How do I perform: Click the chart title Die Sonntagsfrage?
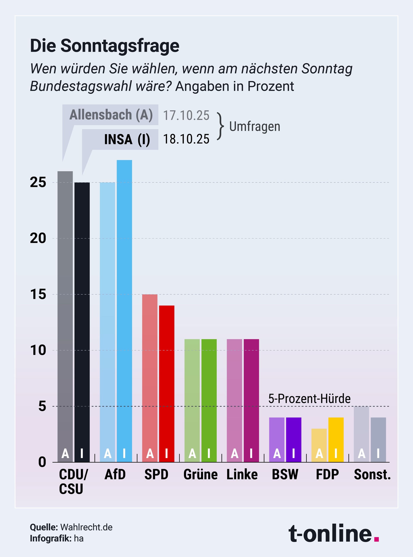105,46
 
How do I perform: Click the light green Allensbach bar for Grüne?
192,400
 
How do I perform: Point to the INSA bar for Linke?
251,400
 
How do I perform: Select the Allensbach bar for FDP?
319,445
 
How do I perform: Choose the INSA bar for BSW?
293,439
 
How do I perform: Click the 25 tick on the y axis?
38,182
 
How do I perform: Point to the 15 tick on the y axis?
38,294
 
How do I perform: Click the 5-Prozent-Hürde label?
309,399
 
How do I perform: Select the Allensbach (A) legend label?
111,115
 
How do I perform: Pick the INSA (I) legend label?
127,139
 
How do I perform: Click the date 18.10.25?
186,139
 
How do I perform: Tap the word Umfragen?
254,127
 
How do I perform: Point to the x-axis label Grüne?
200,475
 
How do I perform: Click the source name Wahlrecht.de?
86,527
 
